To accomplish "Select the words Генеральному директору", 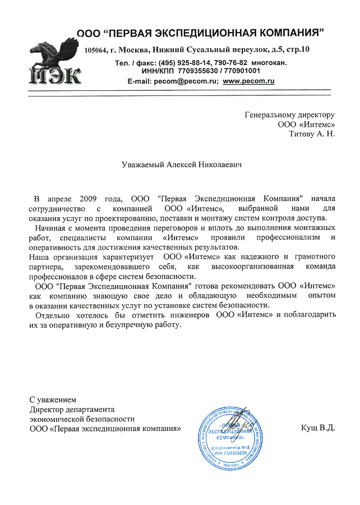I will [290, 114].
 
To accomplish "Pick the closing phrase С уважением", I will [52, 400].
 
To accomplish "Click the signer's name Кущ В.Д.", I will [317, 428].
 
